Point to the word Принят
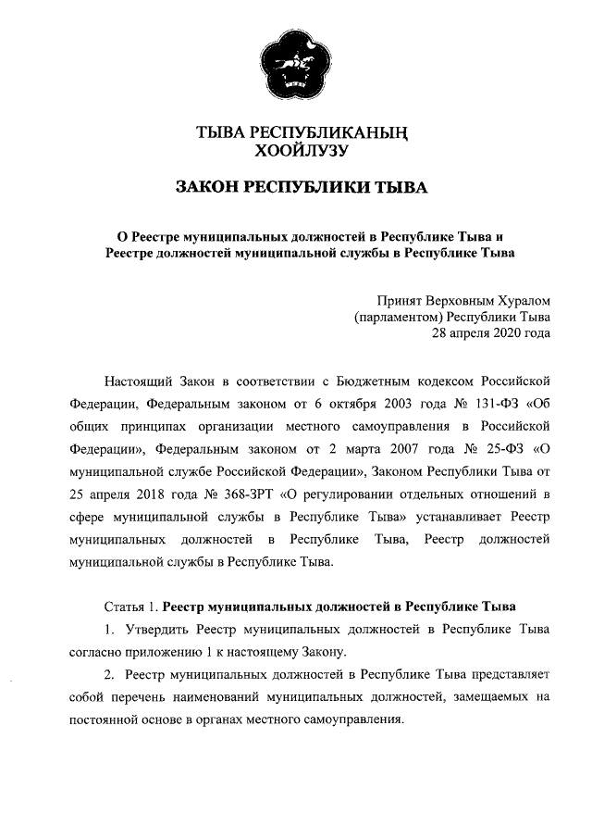coord(399,301)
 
